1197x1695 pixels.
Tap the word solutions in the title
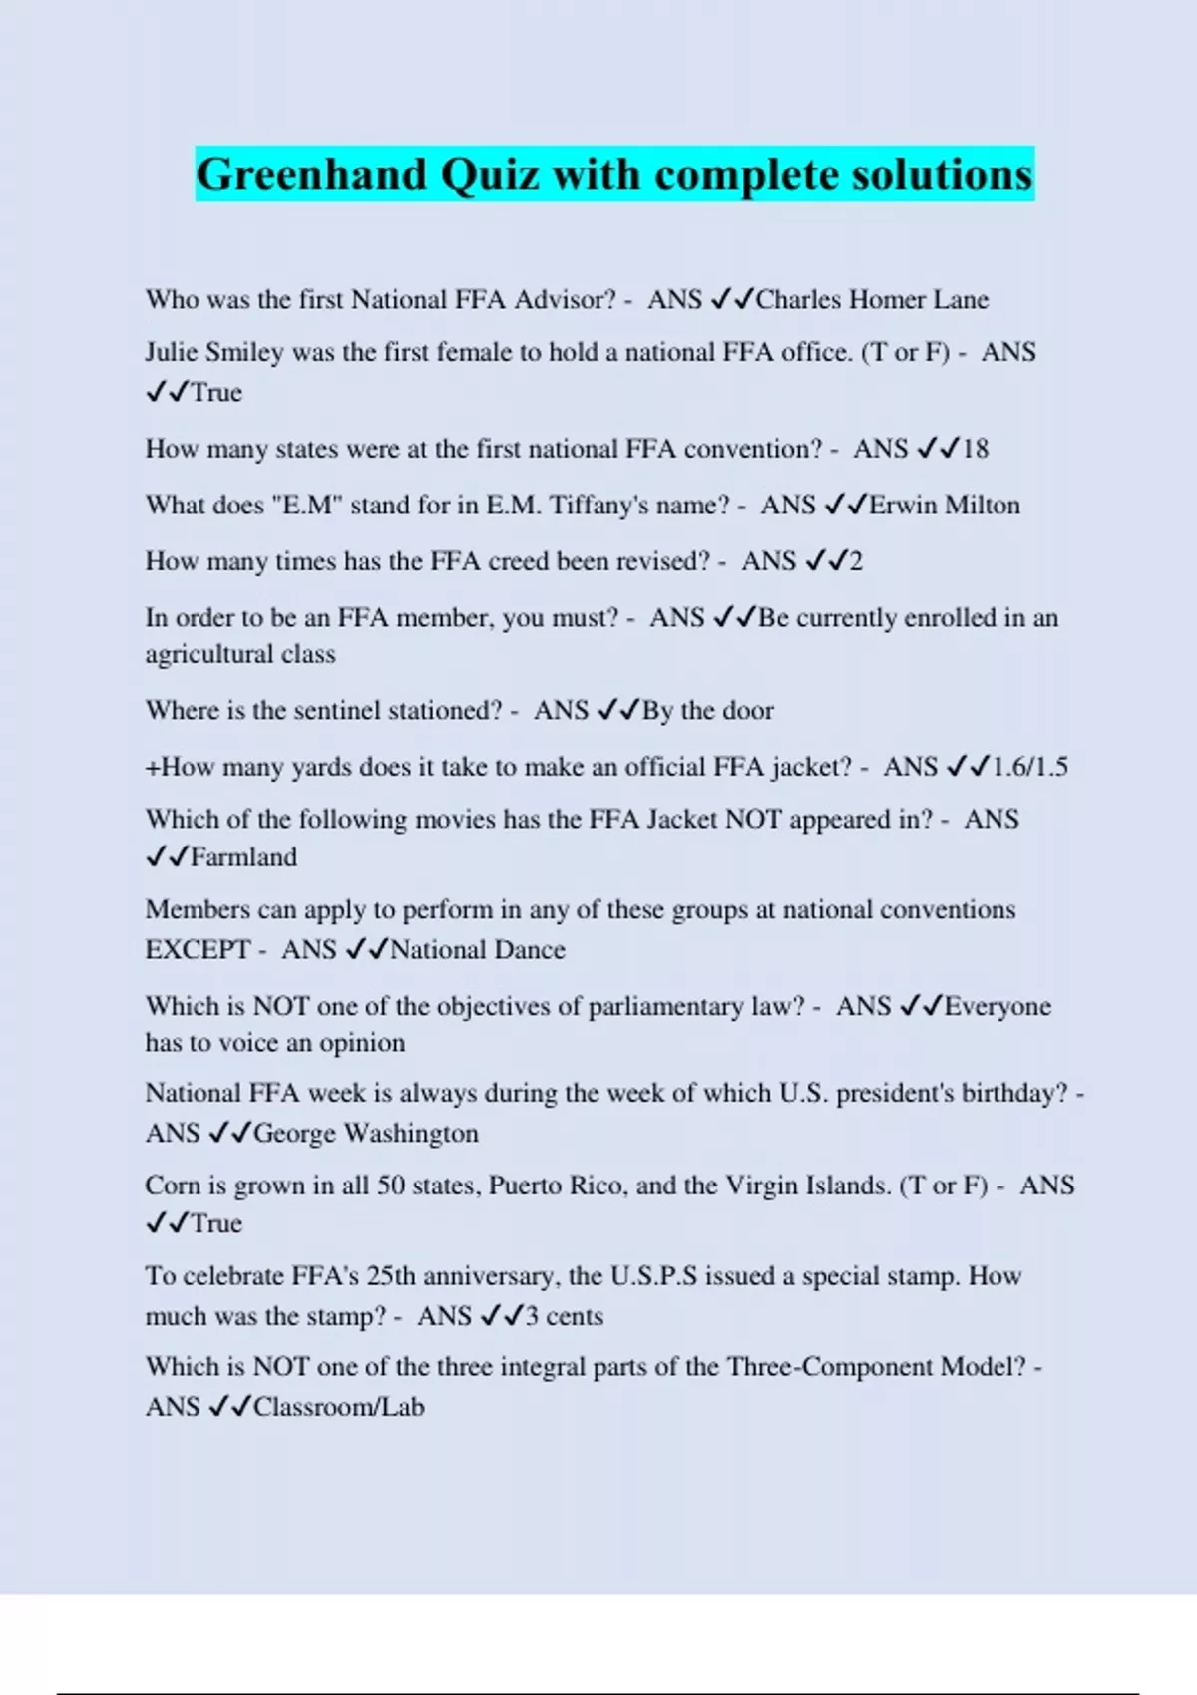coord(941,175)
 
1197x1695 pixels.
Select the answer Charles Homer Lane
coord(872,300)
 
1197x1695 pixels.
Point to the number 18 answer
coord(975,449)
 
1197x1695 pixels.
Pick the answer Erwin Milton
coord(944,506)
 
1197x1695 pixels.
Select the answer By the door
coord(707,711)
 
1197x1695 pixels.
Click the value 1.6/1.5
coord(1029,767)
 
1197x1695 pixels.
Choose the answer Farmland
coord(243,857)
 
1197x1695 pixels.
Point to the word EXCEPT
coord(198,950)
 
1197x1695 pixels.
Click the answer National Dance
coord(477,950)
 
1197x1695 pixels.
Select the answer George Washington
coord(365,1134)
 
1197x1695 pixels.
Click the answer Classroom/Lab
coord(338,1407)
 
